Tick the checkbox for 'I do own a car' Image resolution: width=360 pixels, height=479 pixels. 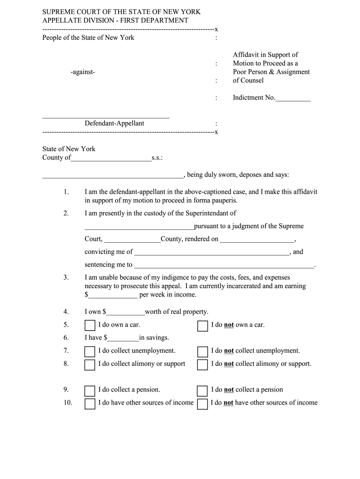pos(90,326)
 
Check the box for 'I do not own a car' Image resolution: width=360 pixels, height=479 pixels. pos(202,326)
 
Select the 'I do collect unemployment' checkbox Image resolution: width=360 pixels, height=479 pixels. pos(90,352)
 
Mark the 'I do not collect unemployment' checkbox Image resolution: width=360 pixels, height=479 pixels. pos(202,352)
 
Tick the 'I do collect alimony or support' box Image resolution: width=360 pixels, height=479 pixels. pos(90,365)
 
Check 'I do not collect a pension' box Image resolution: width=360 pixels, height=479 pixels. pos(202,391)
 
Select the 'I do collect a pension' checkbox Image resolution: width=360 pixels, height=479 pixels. pos(90,391)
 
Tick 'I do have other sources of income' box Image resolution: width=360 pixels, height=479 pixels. pos(90,404)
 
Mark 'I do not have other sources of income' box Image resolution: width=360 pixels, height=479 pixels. pos(202,404)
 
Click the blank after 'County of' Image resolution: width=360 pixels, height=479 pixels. pos(111,159)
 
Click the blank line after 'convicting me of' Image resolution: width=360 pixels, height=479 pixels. pos(211,253)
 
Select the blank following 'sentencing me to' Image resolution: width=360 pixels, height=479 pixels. pos(224,265)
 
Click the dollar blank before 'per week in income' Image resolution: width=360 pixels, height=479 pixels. pos(113,296)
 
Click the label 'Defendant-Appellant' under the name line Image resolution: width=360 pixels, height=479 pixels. pos(114,123)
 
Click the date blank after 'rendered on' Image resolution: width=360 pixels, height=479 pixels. pos(257,239)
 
